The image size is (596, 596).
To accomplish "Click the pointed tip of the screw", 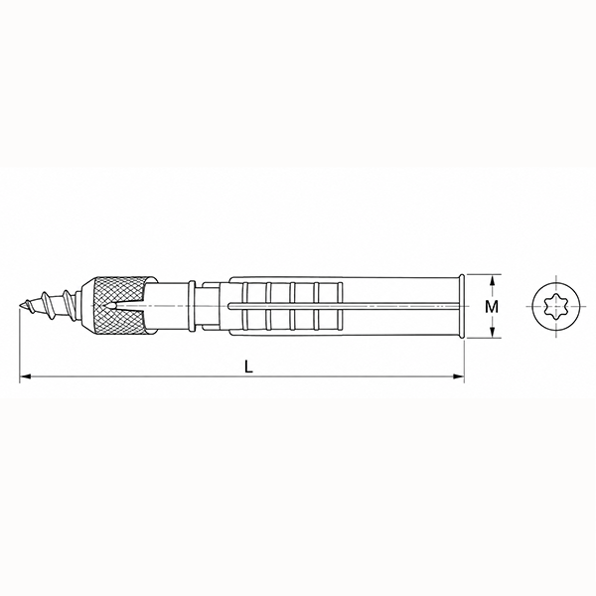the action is point(18,306).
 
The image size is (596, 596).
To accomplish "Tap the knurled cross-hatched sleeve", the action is point(120,306).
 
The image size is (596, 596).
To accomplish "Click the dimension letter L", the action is point(248,367).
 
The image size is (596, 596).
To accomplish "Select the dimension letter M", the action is point(492,306).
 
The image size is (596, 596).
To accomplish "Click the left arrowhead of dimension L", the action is point(25,376).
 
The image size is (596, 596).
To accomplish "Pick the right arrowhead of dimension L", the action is point(459,376).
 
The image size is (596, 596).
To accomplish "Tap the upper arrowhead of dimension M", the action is point(492,280).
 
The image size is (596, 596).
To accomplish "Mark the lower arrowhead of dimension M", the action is point(492,332).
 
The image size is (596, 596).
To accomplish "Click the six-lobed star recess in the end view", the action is point(556,306).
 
